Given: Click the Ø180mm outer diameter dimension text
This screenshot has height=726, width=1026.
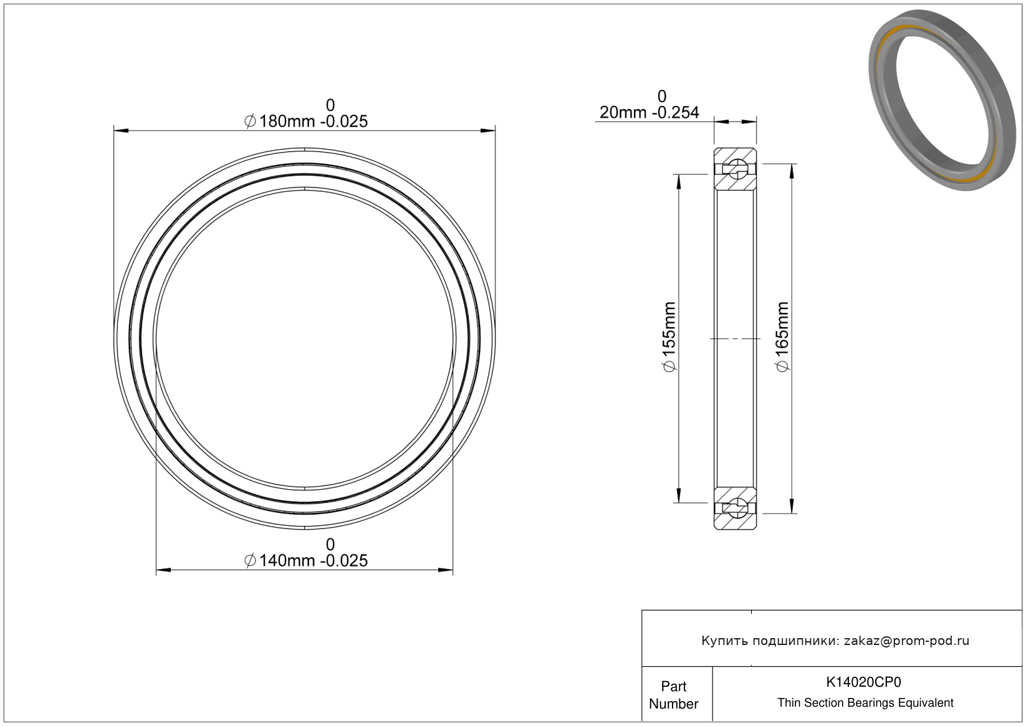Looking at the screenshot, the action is coord(306,122).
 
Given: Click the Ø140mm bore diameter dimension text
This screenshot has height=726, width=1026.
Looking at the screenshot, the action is coord(306,561).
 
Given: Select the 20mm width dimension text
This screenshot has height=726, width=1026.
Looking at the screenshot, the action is coord(650,112).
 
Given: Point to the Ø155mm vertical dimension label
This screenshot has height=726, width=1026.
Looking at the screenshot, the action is coord(669,337).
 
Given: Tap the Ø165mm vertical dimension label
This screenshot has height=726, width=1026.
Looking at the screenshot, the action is coord(783,337).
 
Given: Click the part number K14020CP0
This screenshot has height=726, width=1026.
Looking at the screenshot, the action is coord(863,682).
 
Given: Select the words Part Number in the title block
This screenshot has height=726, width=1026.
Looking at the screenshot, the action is coord(673,695).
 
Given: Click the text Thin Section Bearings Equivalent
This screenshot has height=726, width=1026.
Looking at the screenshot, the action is coord(865,703).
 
